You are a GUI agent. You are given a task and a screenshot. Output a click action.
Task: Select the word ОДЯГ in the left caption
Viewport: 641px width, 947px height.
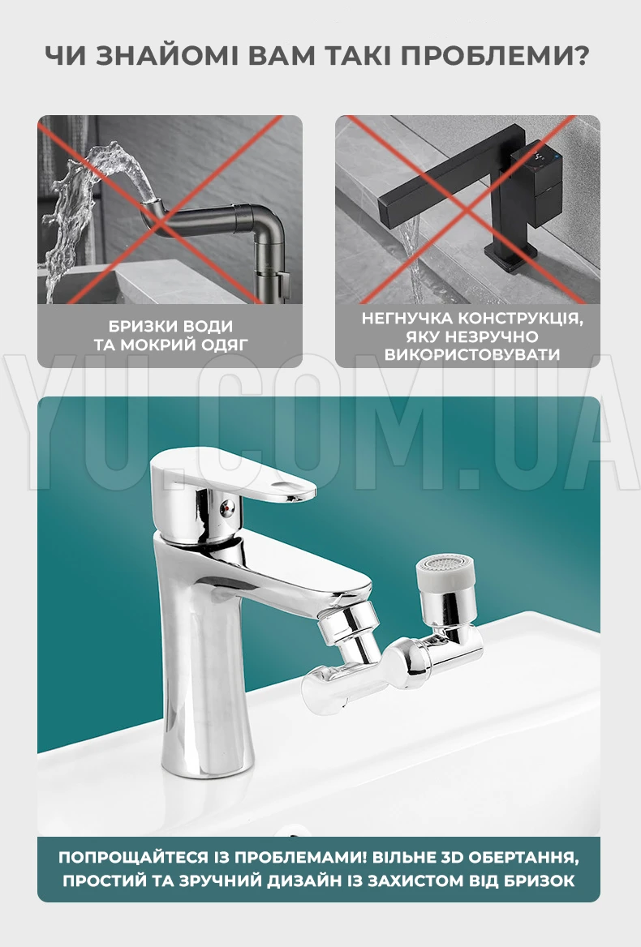point(225,345)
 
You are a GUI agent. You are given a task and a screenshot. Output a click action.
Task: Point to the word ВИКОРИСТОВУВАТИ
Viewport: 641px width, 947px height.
point(472,354)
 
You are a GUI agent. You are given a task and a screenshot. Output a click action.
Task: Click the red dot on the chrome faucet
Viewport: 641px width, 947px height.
point(226,509)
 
